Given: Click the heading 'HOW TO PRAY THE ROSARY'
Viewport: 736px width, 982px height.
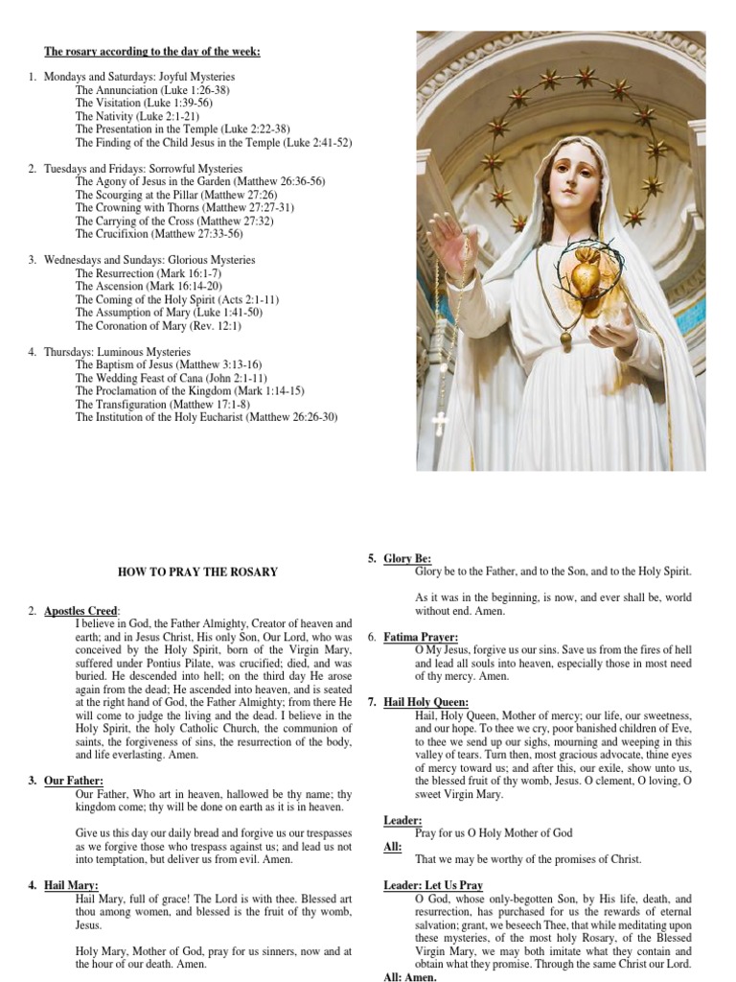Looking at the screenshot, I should (197, 573).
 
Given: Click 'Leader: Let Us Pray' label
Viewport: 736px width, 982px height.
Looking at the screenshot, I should (432, 884).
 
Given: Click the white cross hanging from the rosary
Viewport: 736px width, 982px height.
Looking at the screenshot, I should (440, 422).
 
